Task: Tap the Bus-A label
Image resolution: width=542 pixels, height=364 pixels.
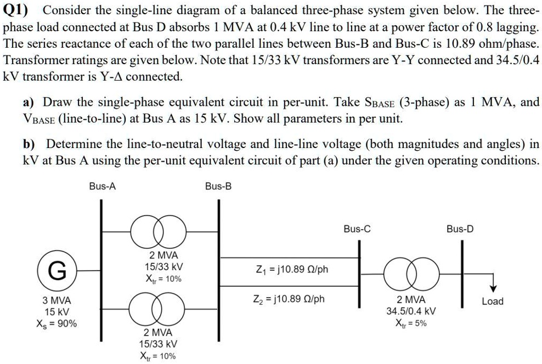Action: pos(102,186)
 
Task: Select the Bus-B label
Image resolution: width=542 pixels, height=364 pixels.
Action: pos(218,186)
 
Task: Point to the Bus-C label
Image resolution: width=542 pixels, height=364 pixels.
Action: pos(357,229)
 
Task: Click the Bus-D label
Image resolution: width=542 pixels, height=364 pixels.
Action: pos(460,229)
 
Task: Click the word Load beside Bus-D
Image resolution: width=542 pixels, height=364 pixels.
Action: pos(492,301)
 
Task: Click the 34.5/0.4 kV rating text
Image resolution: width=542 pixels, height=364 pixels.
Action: pos(411,311)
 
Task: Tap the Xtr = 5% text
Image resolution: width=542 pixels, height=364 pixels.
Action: pos(411,323)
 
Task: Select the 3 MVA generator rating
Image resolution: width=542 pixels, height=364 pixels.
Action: pos(57,300)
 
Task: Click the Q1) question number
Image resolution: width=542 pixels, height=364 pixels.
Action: pos(18,10)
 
